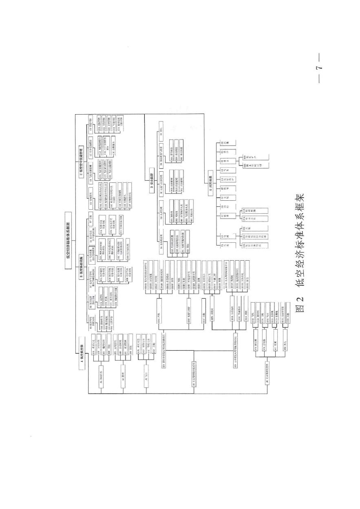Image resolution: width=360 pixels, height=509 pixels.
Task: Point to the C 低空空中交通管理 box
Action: coord(81,159)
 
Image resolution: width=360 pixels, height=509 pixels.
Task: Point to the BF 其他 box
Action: coord(89,216)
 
